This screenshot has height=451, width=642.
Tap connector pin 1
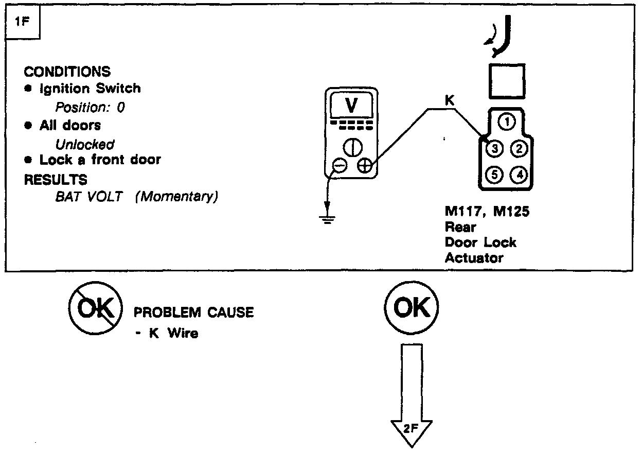coord(507,122)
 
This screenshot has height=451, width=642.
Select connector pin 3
coord(494,149)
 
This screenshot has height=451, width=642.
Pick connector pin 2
coord(520,149)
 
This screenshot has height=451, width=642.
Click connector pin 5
coord(494,175)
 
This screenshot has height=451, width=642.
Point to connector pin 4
coord(520,175)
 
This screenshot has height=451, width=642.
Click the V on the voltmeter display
coord(351,106)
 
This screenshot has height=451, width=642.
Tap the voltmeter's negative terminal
coord(339,165)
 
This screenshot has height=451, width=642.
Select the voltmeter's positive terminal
coord(364,165)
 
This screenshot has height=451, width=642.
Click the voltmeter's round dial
coord(351,147)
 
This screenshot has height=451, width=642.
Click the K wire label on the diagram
coord(449,101)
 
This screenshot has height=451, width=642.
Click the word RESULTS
coord(56,180)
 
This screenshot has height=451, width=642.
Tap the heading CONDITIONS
coord(67,72)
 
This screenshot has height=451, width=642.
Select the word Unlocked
coord(84,145)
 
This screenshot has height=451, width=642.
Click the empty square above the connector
coord(507,81)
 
